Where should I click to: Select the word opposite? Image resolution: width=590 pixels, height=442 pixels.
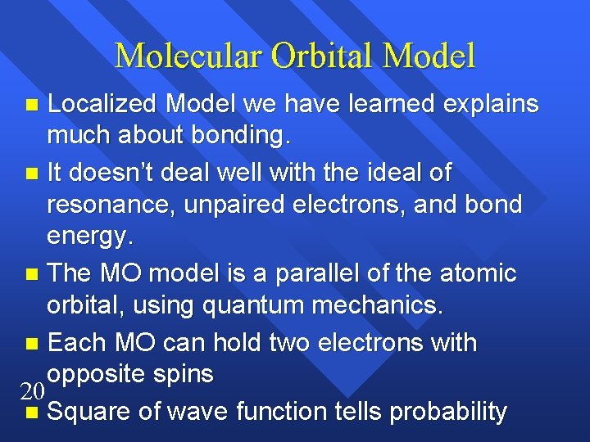tap(97, 374)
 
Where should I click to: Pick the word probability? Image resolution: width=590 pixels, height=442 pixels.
tap(448, 411)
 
